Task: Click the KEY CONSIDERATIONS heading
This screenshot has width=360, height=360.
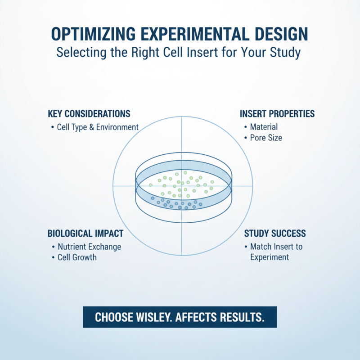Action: [89, 113]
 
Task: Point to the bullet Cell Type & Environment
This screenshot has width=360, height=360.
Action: [98, 127]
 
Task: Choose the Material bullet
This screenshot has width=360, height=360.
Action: [264, 127]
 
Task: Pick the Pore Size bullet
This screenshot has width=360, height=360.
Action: [266, 138]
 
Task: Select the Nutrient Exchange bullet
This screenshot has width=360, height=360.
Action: [89, 247]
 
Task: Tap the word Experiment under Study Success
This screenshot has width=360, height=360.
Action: [270, 257]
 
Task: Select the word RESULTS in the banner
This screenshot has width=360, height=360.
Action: [239, 317]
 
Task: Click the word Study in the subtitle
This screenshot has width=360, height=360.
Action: [285, 53]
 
